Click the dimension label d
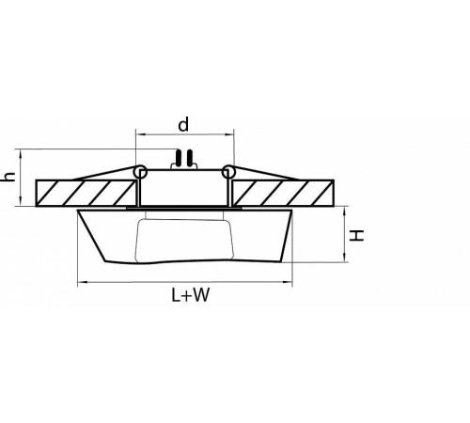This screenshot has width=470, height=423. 184,124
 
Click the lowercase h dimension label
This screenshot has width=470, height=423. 8,178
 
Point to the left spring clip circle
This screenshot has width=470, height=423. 141,172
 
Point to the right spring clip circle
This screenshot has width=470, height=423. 227,172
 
